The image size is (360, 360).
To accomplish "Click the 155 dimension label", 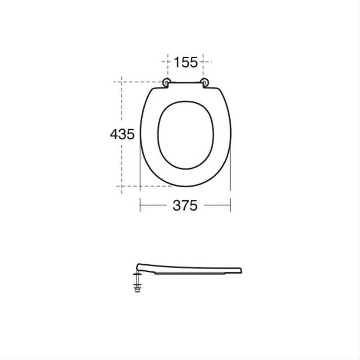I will tap(186, 62).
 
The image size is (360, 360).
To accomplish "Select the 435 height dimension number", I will tap(122, 134).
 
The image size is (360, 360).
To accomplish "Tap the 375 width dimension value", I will tap(185, 206).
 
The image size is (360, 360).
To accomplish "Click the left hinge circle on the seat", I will tap(167, 82).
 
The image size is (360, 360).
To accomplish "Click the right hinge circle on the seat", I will tap(205, 82).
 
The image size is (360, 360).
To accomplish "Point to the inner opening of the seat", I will tap(186, 135).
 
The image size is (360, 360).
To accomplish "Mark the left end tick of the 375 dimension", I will tap(140, 205).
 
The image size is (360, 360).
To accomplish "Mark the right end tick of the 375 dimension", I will tap(230, 205).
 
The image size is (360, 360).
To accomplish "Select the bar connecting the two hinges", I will tap(186, 82).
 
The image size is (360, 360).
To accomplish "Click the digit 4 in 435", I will tap(114, 134).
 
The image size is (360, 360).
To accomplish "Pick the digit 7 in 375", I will tap(185, 206).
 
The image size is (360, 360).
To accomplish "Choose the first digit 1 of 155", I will tap(177, 62).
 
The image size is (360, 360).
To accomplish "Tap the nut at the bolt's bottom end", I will tap(137, 290).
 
